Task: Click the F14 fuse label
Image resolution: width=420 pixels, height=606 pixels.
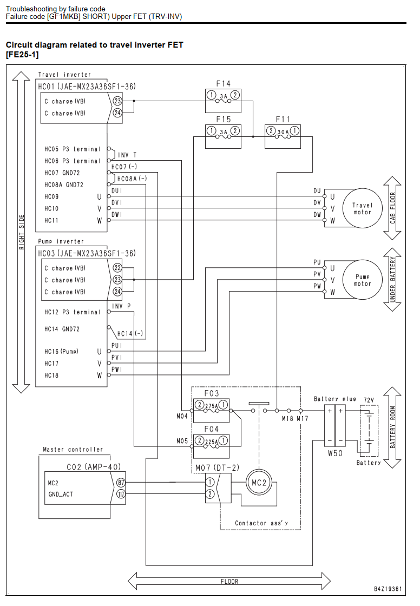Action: coord(223,83)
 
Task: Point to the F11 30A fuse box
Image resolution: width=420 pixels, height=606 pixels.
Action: coord(283,136)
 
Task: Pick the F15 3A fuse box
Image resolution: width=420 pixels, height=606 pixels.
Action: coord(223,136)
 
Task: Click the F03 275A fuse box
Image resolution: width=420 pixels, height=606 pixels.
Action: coord(211,411)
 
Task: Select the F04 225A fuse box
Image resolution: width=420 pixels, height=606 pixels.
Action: coord(211,446)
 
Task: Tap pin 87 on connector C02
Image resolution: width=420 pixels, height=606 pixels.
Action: coord(121,482)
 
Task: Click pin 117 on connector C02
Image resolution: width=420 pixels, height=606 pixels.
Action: coord(121,494)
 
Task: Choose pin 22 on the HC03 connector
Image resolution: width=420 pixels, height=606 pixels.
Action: coord(117,268)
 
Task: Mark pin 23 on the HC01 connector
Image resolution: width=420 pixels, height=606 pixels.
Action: coord(117,101)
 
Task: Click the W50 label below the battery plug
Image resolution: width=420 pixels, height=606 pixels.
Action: coord(335,453)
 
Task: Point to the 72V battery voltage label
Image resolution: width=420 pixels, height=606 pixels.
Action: coord(369,400)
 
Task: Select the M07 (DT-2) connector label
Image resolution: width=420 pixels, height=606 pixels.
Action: coord(217,467)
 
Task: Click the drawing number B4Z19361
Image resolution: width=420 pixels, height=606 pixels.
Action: coord(388,589)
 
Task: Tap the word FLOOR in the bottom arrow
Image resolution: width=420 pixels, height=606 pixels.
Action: coord(229,581)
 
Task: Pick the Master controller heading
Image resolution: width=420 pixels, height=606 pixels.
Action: coord(73,450)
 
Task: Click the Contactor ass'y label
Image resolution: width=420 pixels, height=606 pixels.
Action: coord(261,523)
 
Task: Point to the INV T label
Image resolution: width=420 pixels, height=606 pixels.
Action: coord(127,155)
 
